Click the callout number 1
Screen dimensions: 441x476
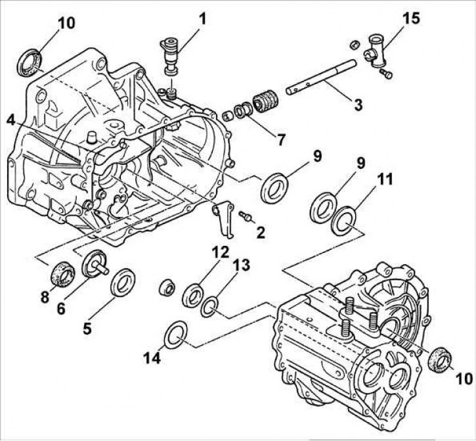(x=202, y=18)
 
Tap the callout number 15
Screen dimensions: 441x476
(x=412, y=18)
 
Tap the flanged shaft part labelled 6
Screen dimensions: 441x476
(x=95, y=267)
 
